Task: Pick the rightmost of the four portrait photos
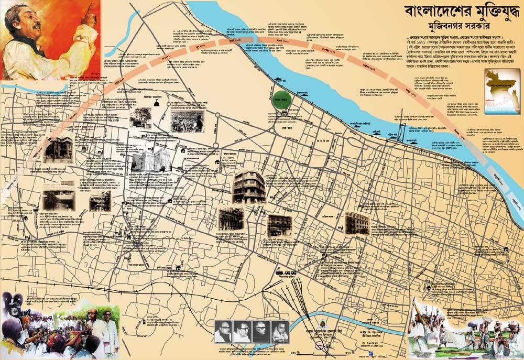coord(280,332)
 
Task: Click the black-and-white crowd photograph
coord(187,121)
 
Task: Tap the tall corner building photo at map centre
coord(249,186)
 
